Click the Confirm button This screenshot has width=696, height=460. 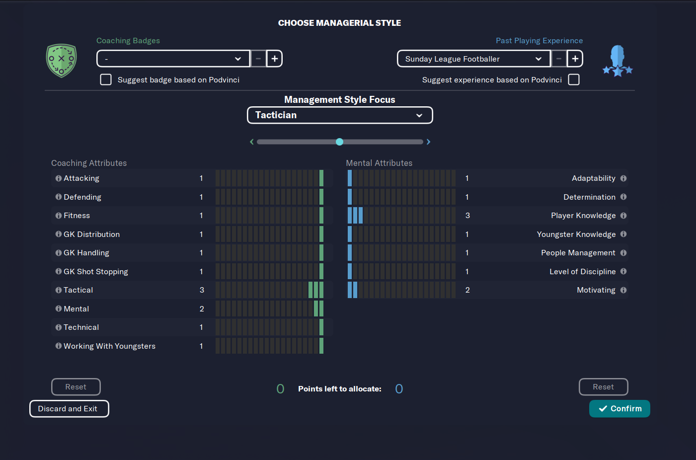click(x=619, y=408)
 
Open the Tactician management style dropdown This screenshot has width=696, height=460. click(x=340, y=115)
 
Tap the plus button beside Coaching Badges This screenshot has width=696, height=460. click(x=274, y=59)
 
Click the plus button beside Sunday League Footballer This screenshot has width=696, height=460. click(x=575, y=59)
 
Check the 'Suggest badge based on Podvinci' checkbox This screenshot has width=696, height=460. click(x=106, y=79)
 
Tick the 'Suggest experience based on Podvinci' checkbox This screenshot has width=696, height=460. click(x=574, y=79)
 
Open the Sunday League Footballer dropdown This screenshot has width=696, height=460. click(x=473, y=59)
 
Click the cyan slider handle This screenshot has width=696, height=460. click(x=339, y=142)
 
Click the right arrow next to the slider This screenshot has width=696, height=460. click(x=428, y=142)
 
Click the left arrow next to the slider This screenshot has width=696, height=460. click(x=252, y=142)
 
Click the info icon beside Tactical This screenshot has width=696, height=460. click(x=59, y=290)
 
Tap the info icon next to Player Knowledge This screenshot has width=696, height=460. click(x=623, y=216)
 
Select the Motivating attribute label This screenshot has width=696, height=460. click(x=596, y=290)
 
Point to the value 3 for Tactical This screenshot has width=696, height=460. click(x=202, y=290)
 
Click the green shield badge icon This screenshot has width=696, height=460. click(x=61, y=61)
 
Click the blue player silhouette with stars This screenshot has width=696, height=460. click(x=618, y=61)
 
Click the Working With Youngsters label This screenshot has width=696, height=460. click(x=109, y=346)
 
